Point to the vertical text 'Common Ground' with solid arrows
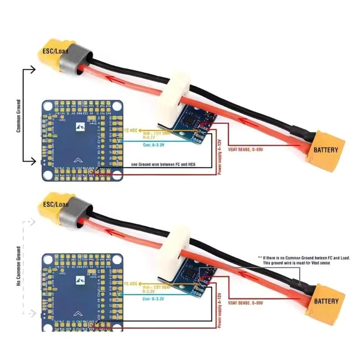(18, 116)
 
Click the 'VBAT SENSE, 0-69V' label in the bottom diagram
(246, 303)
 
